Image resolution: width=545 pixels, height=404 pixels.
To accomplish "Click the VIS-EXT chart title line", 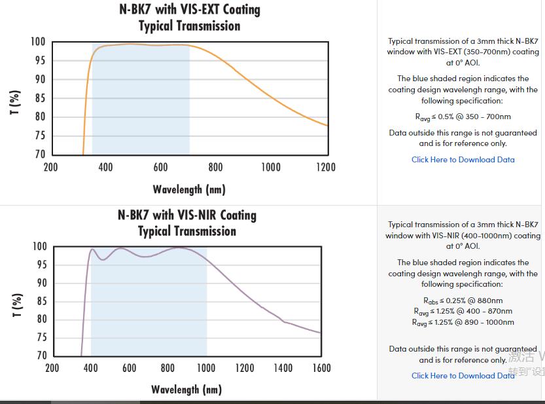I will point(189,10).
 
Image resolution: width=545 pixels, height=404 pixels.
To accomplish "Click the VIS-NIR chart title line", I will point(187,215).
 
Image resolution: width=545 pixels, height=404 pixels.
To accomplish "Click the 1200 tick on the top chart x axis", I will point(325,167).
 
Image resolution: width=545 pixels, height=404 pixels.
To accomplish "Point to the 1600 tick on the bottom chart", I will point(321,368).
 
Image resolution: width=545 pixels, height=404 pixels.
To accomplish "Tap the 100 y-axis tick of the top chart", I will point(38,42).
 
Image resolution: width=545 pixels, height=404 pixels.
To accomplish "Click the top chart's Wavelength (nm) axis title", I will point(189,189).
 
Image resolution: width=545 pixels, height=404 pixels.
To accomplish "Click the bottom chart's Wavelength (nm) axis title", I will point(186,390).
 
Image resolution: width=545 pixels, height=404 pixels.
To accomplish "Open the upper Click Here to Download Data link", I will point(463,159).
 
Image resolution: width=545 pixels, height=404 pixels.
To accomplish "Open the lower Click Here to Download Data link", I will point(463,375).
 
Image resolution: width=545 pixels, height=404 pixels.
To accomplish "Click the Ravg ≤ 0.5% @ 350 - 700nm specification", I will point(463,117).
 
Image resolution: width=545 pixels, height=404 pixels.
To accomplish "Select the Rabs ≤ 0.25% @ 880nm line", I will point(463,301).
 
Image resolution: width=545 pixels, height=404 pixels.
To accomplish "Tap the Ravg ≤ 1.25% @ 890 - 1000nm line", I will point(463,322).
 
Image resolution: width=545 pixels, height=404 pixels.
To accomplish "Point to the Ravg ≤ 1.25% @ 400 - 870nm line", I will point(463,311).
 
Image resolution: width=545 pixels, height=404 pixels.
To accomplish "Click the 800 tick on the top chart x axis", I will point(215,167).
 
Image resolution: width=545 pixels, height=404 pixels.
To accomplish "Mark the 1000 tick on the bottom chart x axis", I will point(206,368).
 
